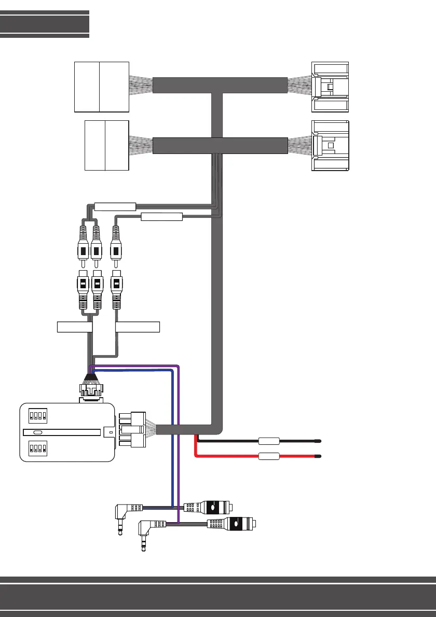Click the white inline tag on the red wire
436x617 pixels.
[x=269, y=457]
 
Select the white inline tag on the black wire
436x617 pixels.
[x=269, y=442]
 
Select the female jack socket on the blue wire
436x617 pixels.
[x=210, y=508]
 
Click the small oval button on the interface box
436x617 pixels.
[x=37, y=432]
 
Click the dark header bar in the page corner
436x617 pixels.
[x=45, y=24]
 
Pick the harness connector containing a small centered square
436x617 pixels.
[x=330, y=146]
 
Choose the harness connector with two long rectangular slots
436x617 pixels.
[x=330, y=87]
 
